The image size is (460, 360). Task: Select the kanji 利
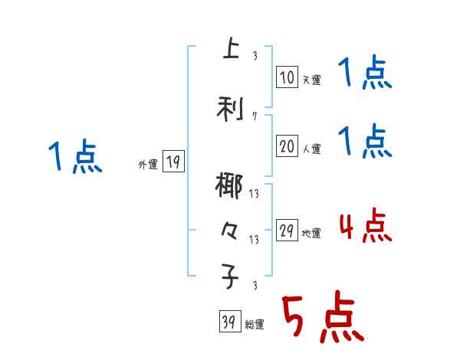229,109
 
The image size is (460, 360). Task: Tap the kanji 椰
229,188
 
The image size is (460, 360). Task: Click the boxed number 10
287,77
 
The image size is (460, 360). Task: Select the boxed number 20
287,147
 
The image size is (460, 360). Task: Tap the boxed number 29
287,231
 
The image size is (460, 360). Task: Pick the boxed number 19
173,162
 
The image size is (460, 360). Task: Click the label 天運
311,79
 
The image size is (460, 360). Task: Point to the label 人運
311,149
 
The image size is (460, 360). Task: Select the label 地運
311,234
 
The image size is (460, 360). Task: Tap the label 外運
148,164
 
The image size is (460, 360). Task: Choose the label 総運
255,325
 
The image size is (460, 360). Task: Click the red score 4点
365,226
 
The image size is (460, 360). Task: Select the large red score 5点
322,318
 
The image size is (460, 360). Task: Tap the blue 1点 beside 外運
74,157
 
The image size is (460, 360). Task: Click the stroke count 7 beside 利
254,116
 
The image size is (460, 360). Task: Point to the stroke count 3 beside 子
254,286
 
